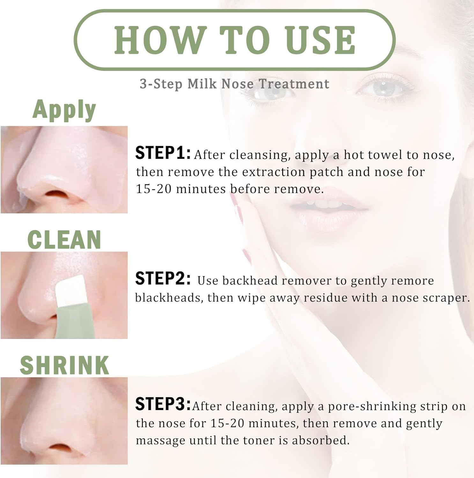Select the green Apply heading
[x=64, y=110]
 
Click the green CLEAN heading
[x=64, y=240]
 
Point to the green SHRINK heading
[x=64, y=365]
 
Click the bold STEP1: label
[x=163, y=153]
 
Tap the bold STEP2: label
[x=163, y=279]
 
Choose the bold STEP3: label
[x=163, y=404]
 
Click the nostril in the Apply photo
[x=57, y=194]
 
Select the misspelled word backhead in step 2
[x=250, y=281]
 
